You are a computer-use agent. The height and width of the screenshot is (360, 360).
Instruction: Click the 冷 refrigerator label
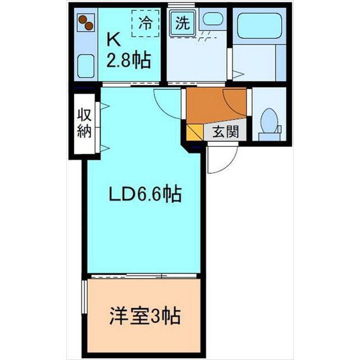(146, 23)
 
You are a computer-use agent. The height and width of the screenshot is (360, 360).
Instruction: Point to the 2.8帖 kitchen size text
(129, 60)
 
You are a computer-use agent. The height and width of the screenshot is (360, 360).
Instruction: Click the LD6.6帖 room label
(144, 195)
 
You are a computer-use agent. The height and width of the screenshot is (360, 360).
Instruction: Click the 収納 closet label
(85, 125)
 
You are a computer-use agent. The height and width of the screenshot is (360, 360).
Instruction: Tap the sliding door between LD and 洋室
(144, 276)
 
